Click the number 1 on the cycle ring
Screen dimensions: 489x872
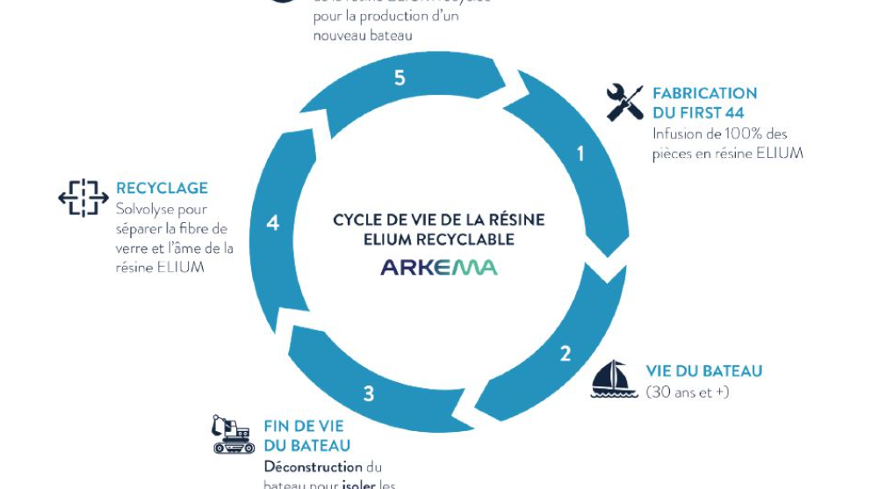pos(580,154)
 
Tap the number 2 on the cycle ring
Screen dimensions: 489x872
pos(566,354)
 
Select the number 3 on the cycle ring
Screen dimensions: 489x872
pos(369,393)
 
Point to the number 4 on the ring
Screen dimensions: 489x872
pos(272,223)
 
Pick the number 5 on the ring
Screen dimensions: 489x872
pos(400,78)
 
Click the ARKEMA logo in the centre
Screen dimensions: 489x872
pos(438,267)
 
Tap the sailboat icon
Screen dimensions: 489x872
pos(614,379)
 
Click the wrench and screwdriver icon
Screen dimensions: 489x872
pos(625,103)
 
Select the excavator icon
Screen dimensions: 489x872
pos(233,435)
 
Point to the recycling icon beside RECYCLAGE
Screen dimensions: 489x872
pos(83,198)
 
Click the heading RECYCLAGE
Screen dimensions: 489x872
pos(162,188)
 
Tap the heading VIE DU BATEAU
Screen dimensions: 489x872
pos(703,371)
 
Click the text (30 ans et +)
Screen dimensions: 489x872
pos(688,392)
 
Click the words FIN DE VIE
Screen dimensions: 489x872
pos(304,427)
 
